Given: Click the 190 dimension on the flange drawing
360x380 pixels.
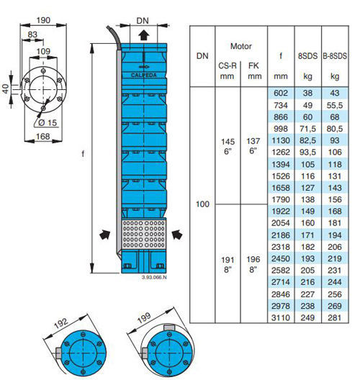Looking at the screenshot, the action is click(43, 20).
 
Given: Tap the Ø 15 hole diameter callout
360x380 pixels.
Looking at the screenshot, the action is click(48, 122).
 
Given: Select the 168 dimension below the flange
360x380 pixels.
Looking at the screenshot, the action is click(43, 137).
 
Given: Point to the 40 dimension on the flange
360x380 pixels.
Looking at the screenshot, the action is click(5, 89).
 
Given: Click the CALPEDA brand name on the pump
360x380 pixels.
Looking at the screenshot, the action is click(144, 75).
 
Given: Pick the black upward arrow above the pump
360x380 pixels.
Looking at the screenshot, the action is click(144, 35).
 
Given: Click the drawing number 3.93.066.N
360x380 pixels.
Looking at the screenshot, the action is click(154, 277).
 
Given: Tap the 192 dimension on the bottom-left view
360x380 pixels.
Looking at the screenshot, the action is click(60, 323).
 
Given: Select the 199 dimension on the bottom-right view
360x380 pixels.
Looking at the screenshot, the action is click(144, 317).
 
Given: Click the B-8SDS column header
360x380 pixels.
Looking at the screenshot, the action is click(335, 56).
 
